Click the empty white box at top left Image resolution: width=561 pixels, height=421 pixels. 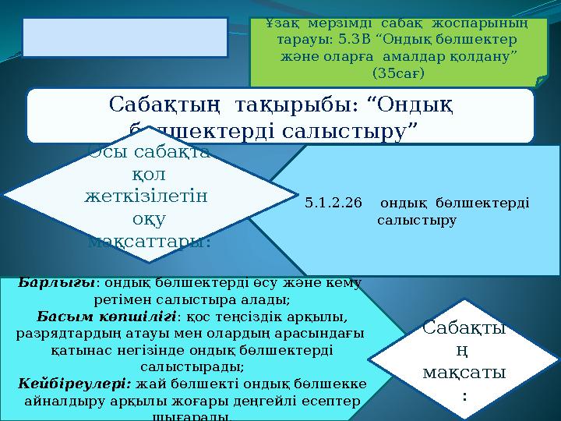click(x=125, y=36)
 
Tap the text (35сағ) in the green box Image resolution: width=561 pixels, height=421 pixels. click(x=398, y=73)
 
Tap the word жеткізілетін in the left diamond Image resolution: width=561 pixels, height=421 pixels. click(x=146, y=197)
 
